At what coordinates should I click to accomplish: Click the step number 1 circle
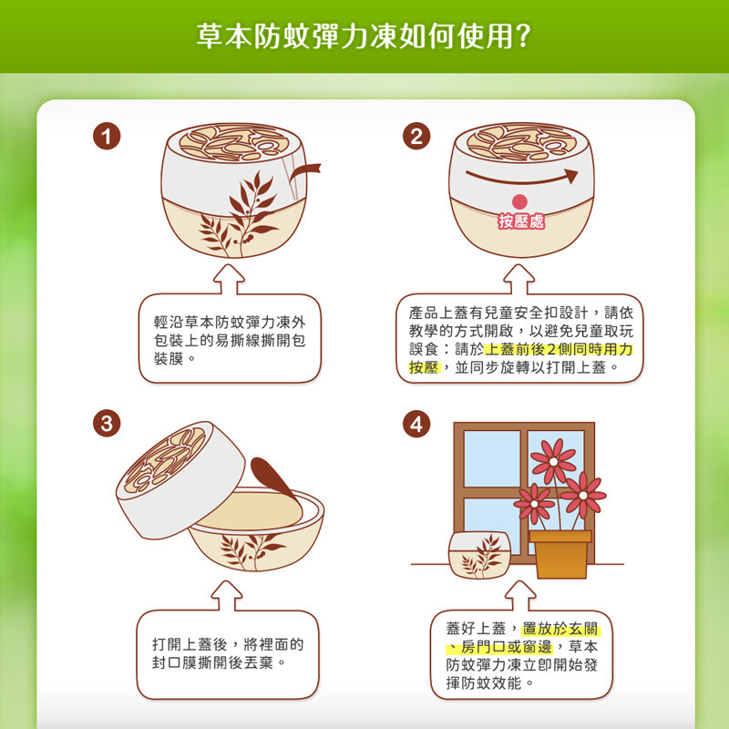pyautogui.click(x=107, y=136)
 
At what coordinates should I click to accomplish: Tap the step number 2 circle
pyautogui.click(x=416, y=136)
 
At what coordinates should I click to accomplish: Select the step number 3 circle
pyautogui.click(x=107, y=424)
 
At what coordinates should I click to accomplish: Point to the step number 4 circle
pyautogui.click(x=416, y=424)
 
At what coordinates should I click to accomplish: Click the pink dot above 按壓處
pyautogui.click(x=519, y=201)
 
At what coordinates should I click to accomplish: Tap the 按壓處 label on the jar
pyautogui.click(x=521, y=221)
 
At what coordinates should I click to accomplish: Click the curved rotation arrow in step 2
pyautogui.click(x=521, y=178)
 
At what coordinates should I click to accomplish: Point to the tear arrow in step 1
pyautogui.click(x=304, y=172)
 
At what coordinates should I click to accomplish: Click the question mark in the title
pyautogui.click(x=522, y=36)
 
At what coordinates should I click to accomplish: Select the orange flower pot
pyautogui.click(x=560, y=554)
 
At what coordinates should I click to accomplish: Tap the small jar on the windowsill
pyautogui.click(x=479, y=555)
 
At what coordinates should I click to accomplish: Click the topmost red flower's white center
pyautogui.click(x=553, y=462)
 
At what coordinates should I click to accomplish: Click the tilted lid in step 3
pyautogui.click(x=180, y=480)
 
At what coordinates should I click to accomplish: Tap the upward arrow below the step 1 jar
pyautogui.click(x=229, y=280)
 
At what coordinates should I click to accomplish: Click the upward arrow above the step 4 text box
pyautogui.click(x=520, y=596)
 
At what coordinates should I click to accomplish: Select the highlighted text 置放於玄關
pyautogui.click(x=560, y=629)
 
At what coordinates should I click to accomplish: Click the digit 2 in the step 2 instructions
pyautogui.click(x=551, y=349)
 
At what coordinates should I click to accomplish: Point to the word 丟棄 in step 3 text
pyautogui.click(x=259, y=662)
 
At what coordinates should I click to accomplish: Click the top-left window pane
pyautogui.click(x=492, y=458)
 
